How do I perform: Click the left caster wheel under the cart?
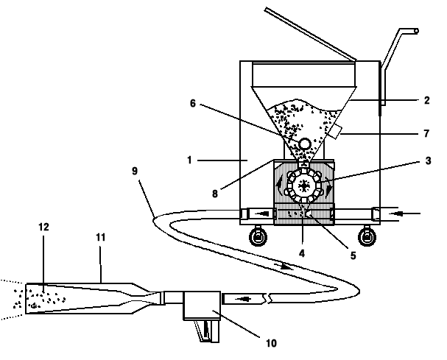coord(258,237)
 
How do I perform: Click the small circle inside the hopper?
coord(303,143)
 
